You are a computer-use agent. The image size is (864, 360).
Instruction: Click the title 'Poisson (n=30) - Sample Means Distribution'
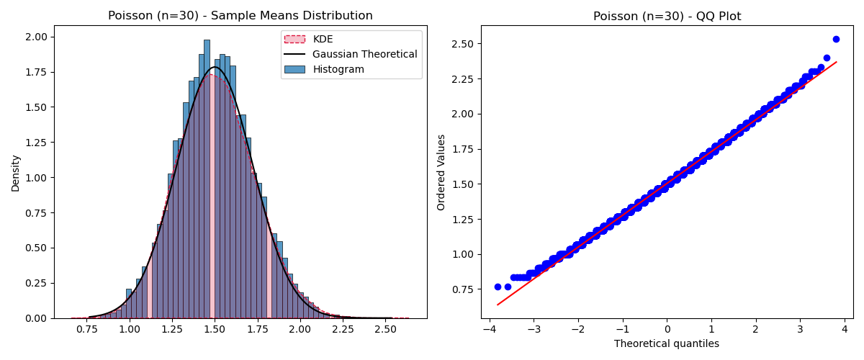coord(240,16)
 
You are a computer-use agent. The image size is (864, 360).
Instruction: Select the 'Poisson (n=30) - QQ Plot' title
coord(667,16)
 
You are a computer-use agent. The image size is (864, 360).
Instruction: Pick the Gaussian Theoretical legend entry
coord(364,54)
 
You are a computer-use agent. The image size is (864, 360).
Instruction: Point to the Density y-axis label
coord(15,173)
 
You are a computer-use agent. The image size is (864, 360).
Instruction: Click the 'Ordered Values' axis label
coord(441,172)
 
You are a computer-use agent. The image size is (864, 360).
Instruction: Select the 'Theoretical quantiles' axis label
coord(667,343)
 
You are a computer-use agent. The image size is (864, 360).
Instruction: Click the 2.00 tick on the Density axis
coord(36,37)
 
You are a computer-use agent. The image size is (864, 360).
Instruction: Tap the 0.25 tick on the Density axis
coord(36,283)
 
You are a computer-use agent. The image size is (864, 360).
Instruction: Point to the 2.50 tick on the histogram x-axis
coord(385,329)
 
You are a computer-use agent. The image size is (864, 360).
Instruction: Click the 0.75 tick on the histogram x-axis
coord(87,329)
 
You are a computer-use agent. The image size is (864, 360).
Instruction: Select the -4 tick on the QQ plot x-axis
coord(489,329)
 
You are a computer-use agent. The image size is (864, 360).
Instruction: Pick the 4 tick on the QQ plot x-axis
coord(844,329)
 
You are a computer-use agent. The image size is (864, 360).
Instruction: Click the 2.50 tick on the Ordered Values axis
coord(462,44)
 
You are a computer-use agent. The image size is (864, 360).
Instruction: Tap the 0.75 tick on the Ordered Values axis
coord(462,289)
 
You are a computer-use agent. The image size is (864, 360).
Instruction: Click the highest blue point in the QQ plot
coord(836,39)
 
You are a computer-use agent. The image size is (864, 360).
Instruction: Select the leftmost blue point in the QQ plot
coord(498,287)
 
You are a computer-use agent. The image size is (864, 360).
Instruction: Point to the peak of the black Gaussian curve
coord(215,67)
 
